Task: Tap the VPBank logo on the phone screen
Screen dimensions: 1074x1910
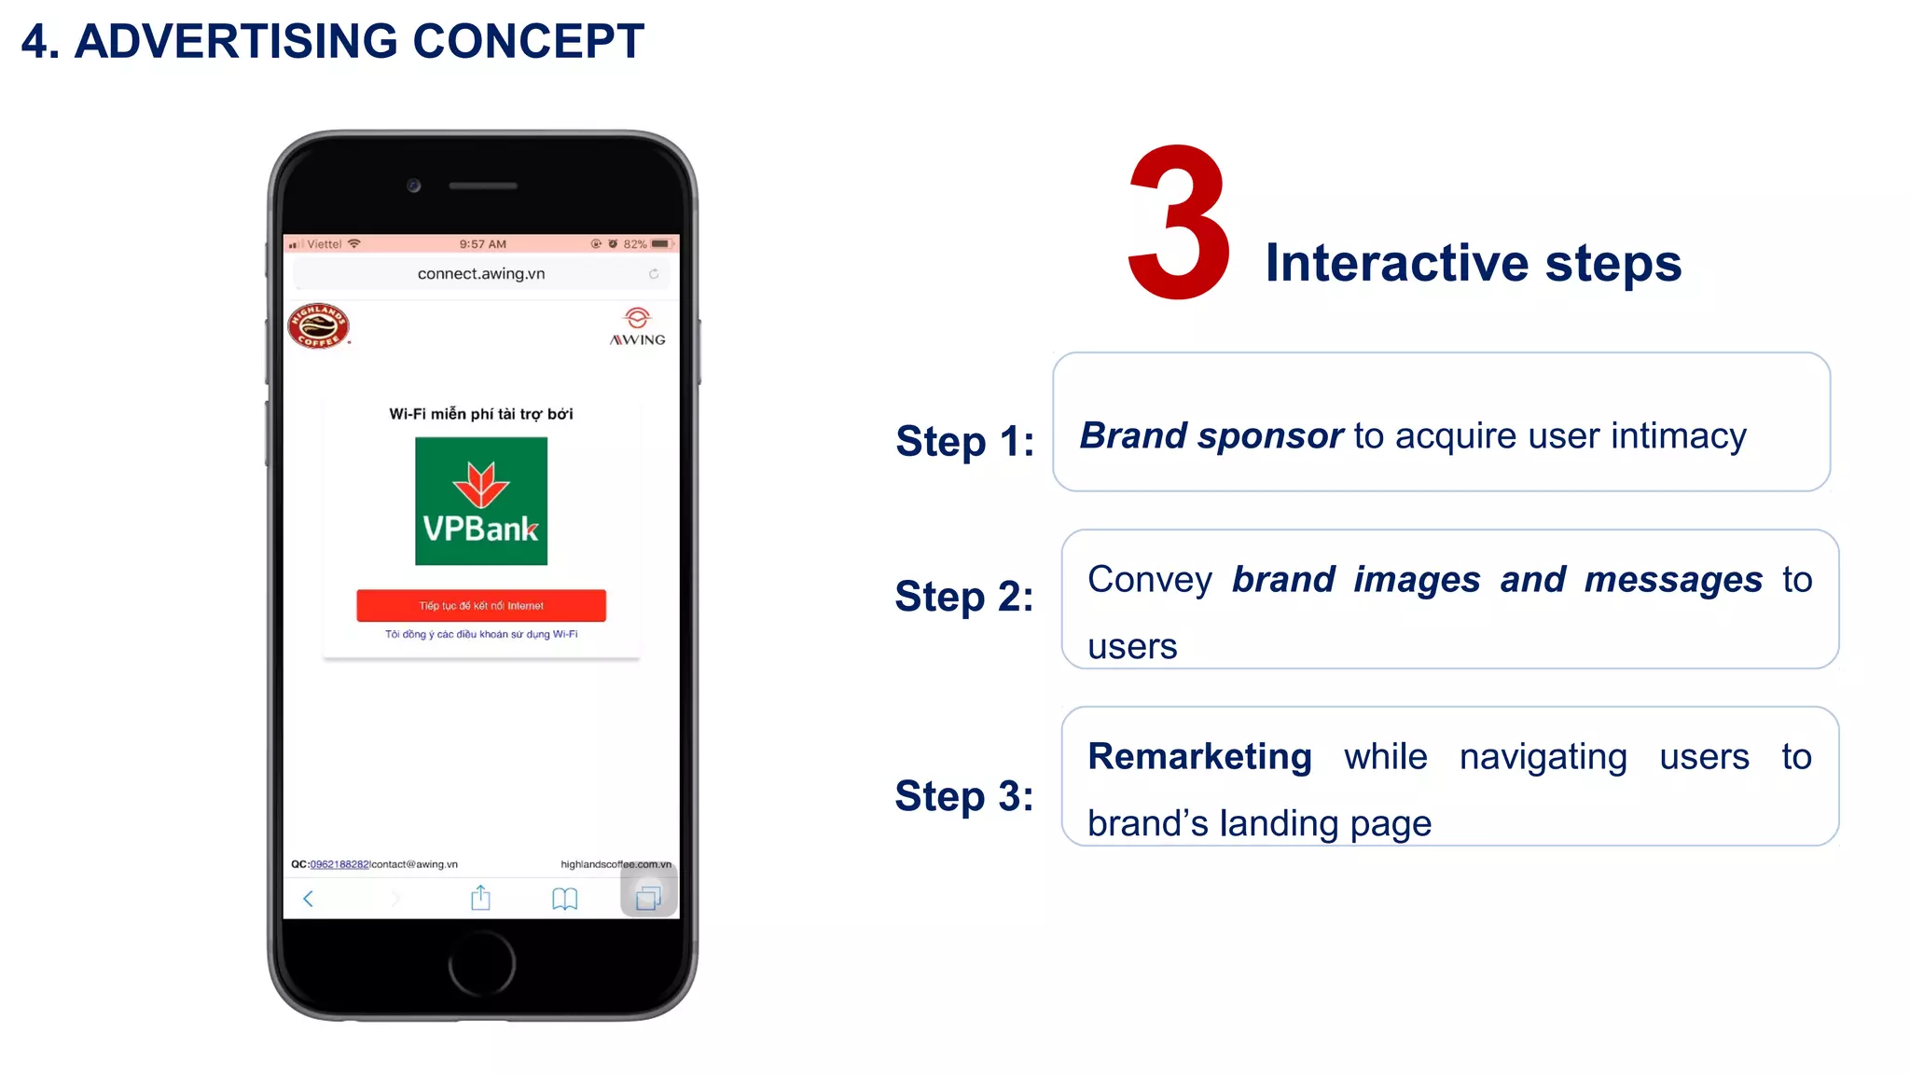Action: [x=481, y=501]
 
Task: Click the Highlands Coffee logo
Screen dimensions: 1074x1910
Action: [x=318, y=326]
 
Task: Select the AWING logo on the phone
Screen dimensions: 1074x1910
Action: [x=638, y=327]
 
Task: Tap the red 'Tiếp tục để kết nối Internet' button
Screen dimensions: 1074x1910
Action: [x=481, y=605]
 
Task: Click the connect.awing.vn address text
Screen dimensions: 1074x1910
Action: [x=481, y=273]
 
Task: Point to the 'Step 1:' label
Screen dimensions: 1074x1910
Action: [x=964, y=441]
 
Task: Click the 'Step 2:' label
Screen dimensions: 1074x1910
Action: [x=964, y=597]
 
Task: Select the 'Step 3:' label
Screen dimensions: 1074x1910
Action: [x=964, y=796]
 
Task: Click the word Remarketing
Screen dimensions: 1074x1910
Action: [x=1199, y=756]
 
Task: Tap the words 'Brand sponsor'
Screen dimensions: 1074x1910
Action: [x=1211, y=435]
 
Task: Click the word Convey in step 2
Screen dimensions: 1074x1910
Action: [x=1149, y=580]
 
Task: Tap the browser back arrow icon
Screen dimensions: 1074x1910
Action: [x=309, y=899]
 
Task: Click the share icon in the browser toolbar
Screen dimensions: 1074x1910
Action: [x=480, y=898]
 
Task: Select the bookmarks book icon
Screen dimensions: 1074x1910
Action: [x=564, y=899]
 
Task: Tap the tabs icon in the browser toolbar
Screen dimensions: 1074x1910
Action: [x=648, y=898]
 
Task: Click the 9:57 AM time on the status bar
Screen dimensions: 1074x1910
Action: [x=482, y=244]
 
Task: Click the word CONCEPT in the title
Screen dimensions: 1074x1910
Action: [x=528, y=42]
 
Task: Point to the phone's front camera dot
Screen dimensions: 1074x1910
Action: [x=414, y=186]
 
